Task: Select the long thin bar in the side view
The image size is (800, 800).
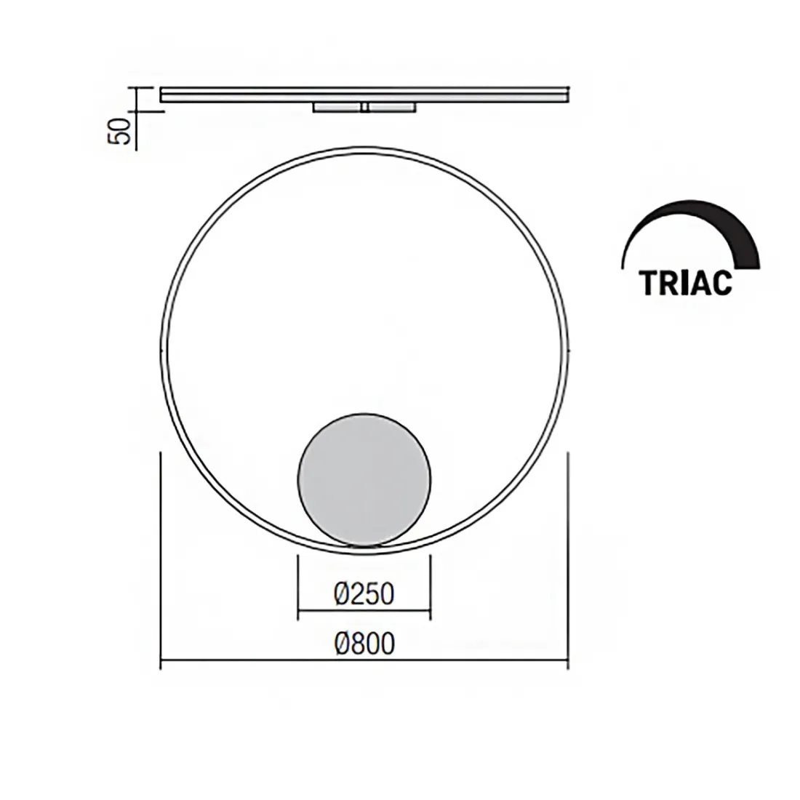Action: tap(364, 95)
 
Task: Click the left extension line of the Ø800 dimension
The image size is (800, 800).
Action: tap(160, 560)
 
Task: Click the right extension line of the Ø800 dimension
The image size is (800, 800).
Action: tap(567, 560)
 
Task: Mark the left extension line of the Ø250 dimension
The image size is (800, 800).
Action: tap(298, 589)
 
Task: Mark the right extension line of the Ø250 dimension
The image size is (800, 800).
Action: tap(431, 589)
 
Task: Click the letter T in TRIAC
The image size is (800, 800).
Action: tap(649, 283)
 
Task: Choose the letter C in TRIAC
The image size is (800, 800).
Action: tap(722, 283)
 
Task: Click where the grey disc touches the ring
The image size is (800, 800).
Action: tap(364, 545)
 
